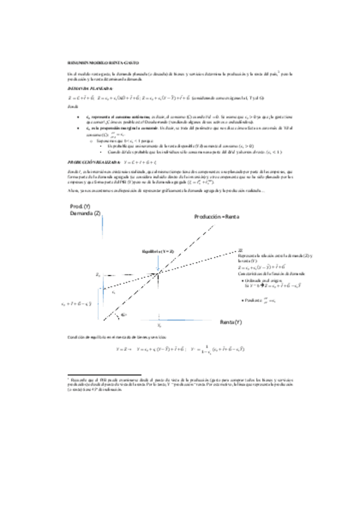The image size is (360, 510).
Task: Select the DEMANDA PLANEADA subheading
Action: (87, 88)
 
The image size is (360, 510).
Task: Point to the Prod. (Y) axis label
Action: (80, 207)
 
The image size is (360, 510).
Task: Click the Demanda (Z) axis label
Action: (85, 214)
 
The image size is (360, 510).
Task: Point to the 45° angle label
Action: (124, 315)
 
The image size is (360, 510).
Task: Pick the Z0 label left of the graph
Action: (99, 274)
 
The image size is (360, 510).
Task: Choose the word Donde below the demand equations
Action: (72, 105)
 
